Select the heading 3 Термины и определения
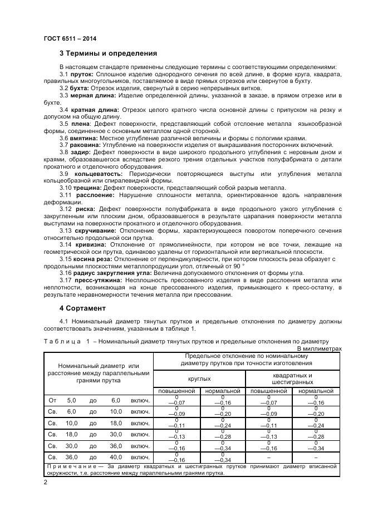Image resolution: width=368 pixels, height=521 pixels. pyautogui.click(x=108, y=53)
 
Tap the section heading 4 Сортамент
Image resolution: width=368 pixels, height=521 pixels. pyautogui.click(x=84, y=308)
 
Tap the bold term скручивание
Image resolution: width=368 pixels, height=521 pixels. pyautogui.click(x=96, y=230)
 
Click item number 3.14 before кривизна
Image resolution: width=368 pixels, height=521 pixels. pyautogui.click(x=66, y=244)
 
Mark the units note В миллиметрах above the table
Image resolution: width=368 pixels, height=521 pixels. pyautogui.click(x=318, y=348)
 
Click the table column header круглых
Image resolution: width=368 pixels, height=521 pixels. pyautogui.click(x=199, y=379)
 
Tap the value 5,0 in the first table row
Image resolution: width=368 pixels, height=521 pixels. pyautogui.click(x=71, y=400)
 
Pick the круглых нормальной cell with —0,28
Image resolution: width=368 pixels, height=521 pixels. pyautogui.click(x=222, y=436)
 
